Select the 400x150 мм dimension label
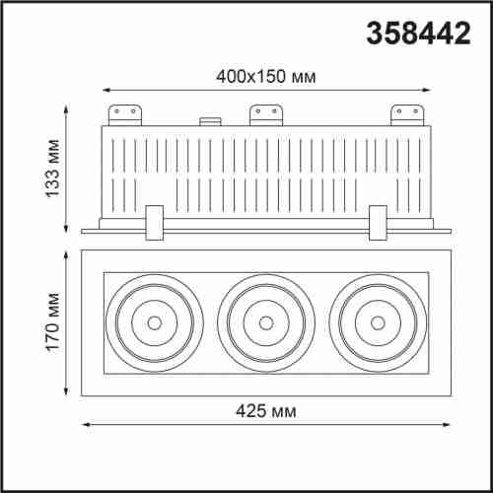click(x=265, y=74)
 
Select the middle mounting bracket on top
click(x=264, y=113)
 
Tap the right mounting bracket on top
click(x=407, y=113)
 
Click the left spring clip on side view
click(x=153, y=222)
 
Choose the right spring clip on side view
click(x=378, y=222)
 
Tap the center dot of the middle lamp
click(x=265, y=320)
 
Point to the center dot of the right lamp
click(x=378, y=320)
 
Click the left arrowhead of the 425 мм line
click(x=84, y=425)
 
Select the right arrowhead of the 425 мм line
click(x=448, y=425)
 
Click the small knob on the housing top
click(x=209, y=122)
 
